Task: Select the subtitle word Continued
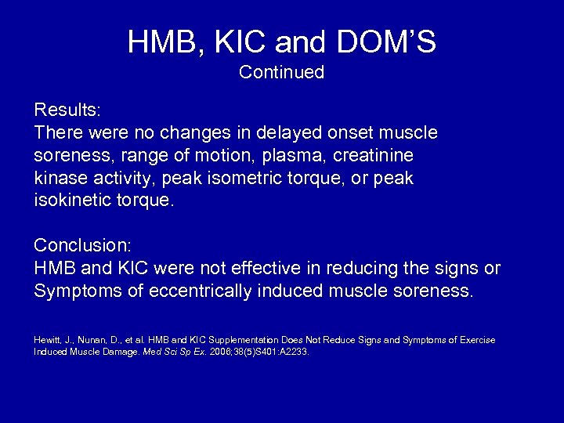coord(281,73)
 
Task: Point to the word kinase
coord(60,179)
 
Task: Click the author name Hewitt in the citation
coord(45,340)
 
